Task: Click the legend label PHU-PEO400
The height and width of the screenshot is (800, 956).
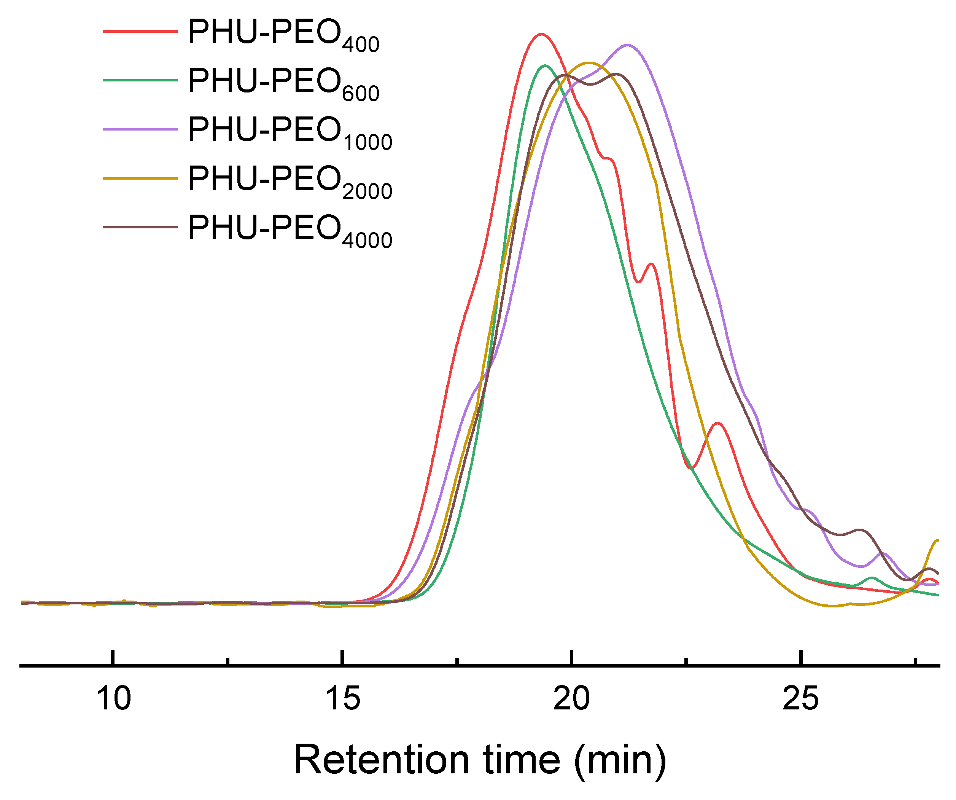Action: [x=283, y=34]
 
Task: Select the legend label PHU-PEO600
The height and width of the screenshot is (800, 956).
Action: [x=283, y=83]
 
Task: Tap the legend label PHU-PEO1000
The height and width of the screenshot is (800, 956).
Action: [x=290, y=132]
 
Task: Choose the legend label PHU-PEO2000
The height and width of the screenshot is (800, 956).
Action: [x=290, y=180]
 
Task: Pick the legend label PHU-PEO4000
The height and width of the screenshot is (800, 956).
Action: [x=290, y=229]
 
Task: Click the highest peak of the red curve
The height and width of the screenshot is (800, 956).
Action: [x=541, y=34]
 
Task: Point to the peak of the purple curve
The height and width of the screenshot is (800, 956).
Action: [x=628, y=45]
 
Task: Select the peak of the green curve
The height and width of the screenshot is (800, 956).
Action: [x=545, y=65]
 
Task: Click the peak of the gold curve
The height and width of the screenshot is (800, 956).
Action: [x=589, y=63]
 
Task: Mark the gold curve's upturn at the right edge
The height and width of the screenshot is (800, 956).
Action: [x=935, y=541]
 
